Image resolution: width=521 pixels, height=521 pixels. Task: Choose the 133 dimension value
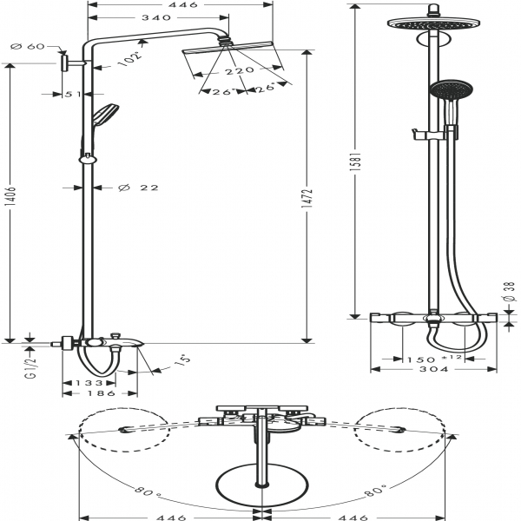(x=89, y=382)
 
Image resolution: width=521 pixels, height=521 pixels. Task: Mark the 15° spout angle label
(x=181, y=359)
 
